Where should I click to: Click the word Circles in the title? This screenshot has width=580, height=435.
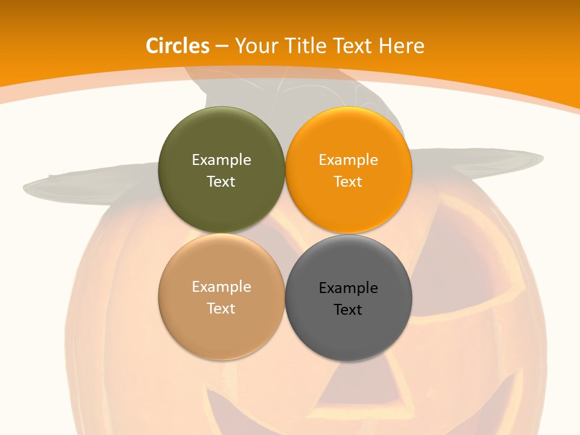178,46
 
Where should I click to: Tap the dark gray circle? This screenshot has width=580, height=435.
348,335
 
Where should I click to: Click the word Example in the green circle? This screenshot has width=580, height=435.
221,160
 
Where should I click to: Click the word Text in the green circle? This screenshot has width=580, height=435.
221,182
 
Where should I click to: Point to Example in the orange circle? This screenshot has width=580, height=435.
348,160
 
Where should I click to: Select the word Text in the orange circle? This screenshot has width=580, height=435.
348,182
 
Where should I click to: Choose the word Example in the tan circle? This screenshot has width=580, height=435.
221,287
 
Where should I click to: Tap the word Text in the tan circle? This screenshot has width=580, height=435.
221,309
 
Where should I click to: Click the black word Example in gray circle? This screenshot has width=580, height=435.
348,288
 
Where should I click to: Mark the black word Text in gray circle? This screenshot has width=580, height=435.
348,310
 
